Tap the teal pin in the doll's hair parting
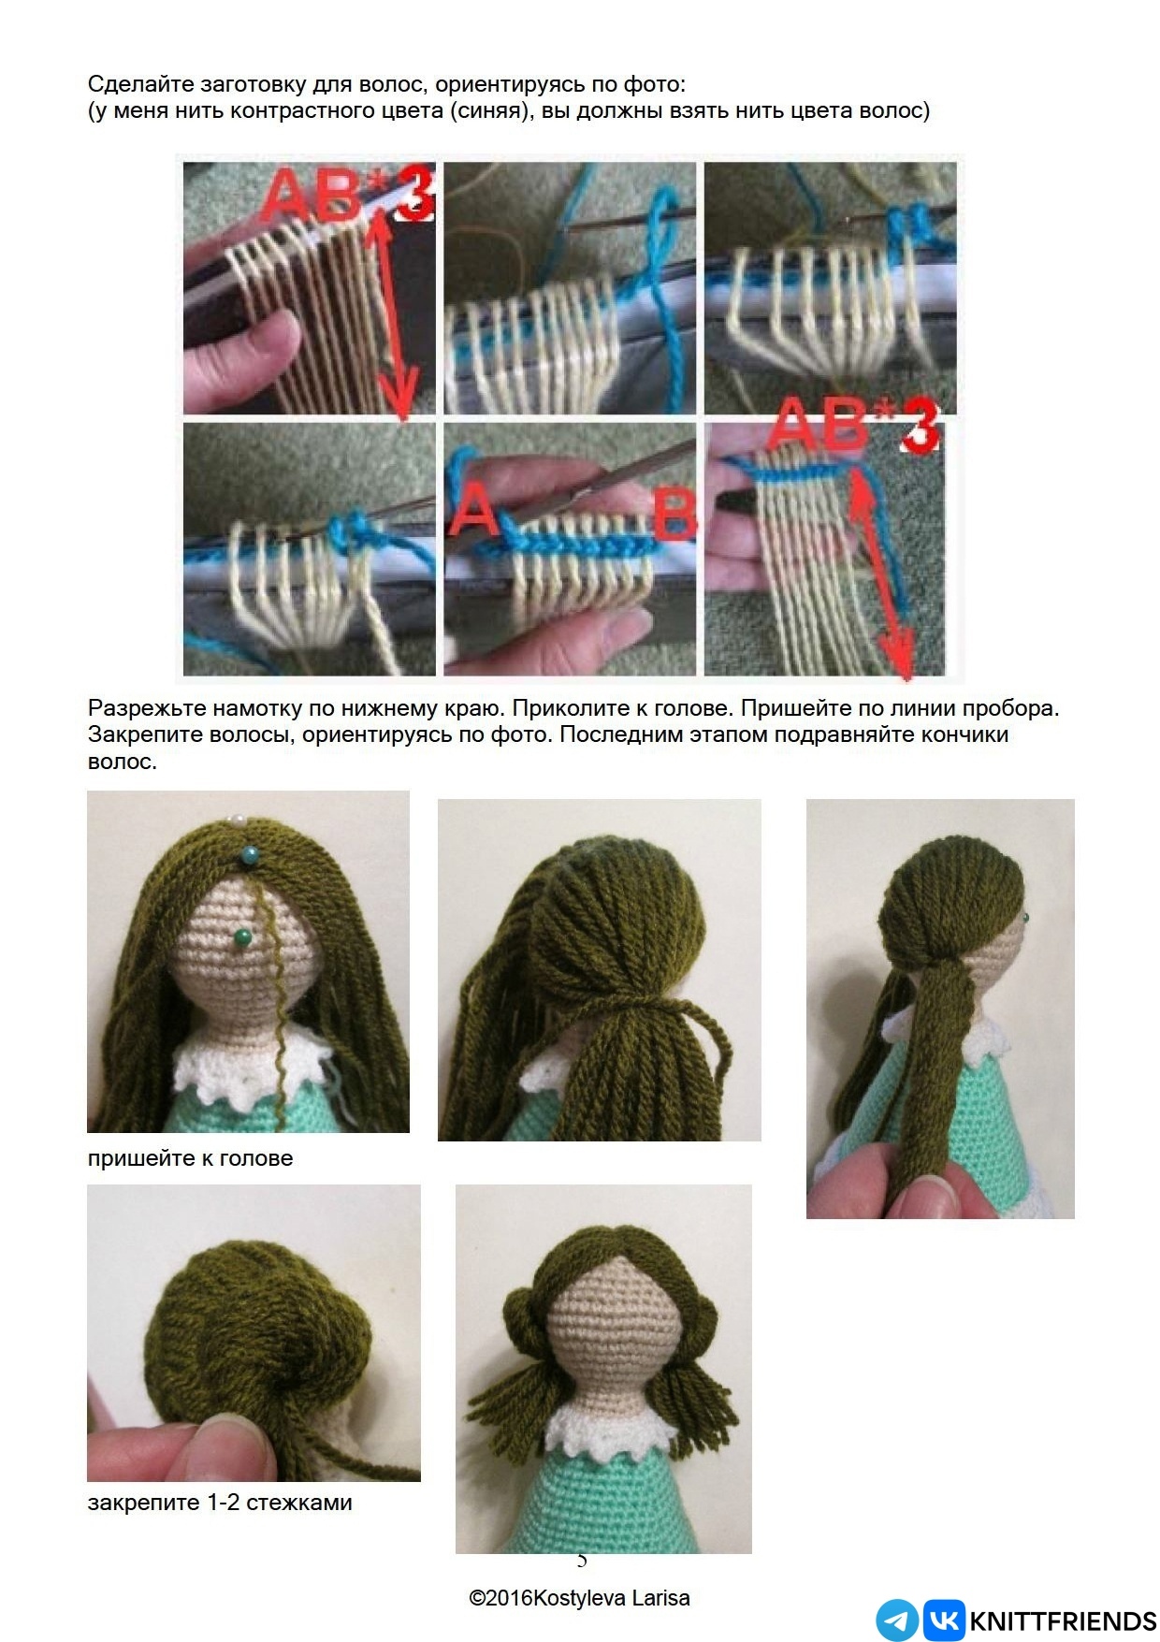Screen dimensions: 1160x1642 (x=249, y=852)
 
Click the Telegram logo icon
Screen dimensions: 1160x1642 (x=897, y=1620)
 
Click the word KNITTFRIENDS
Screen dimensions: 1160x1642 (x=1064, y=1620)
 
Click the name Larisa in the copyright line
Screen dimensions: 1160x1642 (x=660, y=1597)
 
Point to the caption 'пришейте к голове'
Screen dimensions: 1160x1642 (x=190, y=1157)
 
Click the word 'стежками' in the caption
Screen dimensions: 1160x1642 (x=299, y=1502)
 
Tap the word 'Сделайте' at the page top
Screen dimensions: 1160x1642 (x=139, y=84)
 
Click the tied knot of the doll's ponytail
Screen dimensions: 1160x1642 (x=636, y=1007)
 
